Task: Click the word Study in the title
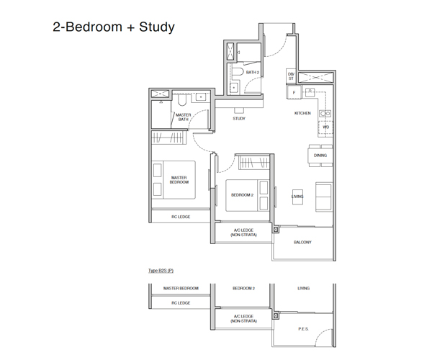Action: pos(157,27)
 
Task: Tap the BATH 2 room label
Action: pos(253,72)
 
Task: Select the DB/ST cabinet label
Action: pos(291,76)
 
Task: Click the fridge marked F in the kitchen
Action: pos(294,93)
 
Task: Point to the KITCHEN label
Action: pos(302,113)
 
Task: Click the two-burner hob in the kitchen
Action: pos(325,113)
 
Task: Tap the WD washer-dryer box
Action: pos(325,127)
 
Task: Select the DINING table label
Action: pos(320,156)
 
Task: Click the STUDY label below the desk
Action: pos(239,118)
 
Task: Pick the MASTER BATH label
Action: pos(183,117)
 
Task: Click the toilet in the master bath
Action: pos(182,101)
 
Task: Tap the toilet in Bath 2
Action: pos(238,72)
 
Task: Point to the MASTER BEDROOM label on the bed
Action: pos(179,180)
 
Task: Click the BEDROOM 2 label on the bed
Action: pos(242,195)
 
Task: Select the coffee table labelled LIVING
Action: pos(297,197)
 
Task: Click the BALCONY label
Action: pos(302,243)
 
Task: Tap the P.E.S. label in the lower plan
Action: pos(303,329)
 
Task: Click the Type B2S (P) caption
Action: pos(161,271)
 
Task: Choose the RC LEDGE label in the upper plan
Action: pos(181,217)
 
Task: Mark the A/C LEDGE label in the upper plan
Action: pos(243,233)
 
